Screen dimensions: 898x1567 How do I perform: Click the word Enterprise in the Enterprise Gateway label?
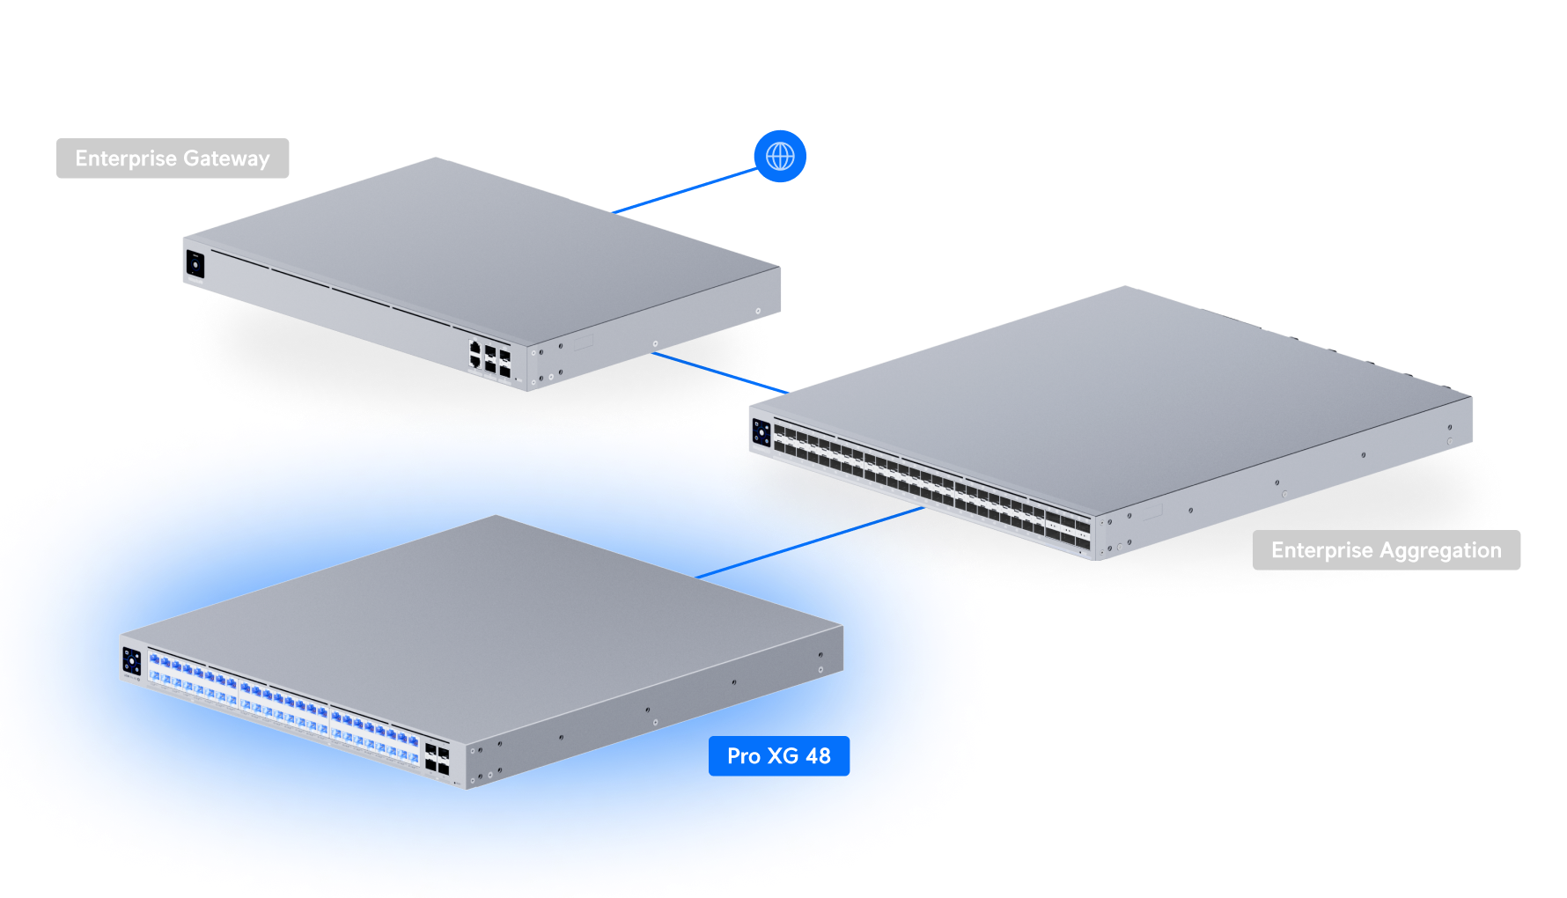(x=126, y=158)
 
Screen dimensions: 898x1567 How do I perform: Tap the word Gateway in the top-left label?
(x=226, y=159)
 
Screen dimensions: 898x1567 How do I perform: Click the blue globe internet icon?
(x=780, y=157)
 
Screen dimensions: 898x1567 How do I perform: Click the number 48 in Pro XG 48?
(x=818, y=756)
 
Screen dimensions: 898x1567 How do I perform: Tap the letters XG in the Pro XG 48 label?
(x=783, y=756)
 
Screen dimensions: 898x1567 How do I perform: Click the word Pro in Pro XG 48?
(x=743, y=756)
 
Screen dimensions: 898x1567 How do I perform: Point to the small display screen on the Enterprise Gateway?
(x=195, y=264)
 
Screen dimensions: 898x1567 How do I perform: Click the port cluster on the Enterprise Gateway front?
(x=489, y=358)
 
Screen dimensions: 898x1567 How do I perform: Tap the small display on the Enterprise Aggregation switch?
(x=761, y=432)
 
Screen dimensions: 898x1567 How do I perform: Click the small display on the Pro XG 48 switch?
(x=132, y=661)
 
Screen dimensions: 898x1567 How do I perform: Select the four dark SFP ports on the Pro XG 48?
(x=437, y=758)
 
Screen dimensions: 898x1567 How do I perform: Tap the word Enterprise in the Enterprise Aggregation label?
(x=1321, y=550)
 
